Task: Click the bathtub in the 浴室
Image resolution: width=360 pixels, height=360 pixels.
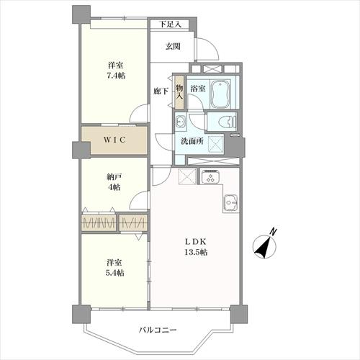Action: [220, 94]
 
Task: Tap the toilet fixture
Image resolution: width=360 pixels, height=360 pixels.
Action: [228, 122]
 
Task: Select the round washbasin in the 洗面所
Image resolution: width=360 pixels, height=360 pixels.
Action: [180, 122]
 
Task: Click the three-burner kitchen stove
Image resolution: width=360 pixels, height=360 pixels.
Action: [210, 177]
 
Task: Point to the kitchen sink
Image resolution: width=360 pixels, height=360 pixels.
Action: [231, 203]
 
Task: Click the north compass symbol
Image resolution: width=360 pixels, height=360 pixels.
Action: [265, 247]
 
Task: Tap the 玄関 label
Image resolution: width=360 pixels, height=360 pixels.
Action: [173, 47]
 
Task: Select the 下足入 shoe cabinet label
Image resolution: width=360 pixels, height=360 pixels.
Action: [171, 24]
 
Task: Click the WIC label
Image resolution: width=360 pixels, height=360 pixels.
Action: [114, 140]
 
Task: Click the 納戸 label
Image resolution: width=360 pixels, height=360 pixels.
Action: [114, 177]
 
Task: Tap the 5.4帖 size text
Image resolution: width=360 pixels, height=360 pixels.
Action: [115, 273]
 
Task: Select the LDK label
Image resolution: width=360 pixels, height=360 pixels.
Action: [196, 242]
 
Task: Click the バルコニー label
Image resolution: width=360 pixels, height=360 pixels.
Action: [158, 330]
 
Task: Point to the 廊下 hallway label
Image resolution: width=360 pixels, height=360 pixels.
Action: [161, 91]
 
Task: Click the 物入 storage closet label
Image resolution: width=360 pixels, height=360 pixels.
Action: [179, 92]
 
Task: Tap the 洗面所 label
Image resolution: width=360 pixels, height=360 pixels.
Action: [192, 141]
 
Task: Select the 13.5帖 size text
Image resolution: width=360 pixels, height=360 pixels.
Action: [196, 252]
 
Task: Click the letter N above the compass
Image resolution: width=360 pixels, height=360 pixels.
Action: [273, 232]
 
